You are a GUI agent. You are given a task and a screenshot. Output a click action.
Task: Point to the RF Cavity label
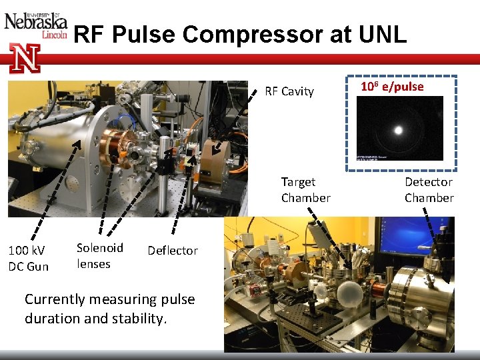[x=289, y=91]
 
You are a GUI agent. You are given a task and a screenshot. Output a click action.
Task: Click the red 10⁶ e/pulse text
[x=392, y=87]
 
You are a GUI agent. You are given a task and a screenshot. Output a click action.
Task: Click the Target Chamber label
[x=305, y=190]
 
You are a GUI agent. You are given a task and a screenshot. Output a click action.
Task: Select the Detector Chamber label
[x=429, y=190]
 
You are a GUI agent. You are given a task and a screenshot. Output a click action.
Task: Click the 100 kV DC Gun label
[x=28, y=258]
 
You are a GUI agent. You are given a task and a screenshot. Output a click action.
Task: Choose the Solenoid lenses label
[x=100, y=255]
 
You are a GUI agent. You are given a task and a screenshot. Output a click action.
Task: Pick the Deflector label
[x=173, y=251]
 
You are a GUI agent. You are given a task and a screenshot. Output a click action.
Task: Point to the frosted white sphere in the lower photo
[x=351, y=294]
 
